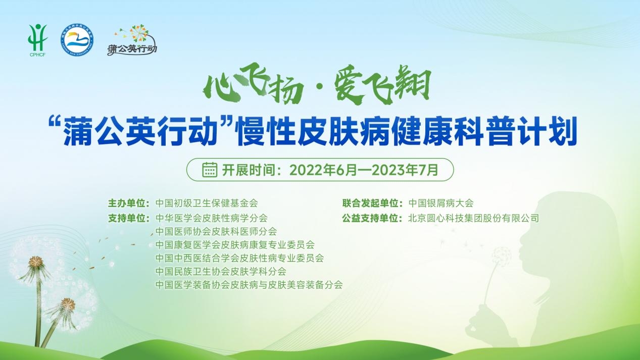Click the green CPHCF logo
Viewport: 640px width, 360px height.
pyautogui.click(x=37, y=40)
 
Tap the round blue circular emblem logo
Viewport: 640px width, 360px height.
pyautogui.click(x=77, y=40)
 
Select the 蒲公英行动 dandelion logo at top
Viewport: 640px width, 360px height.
pyautogui.click(x=132, y=40)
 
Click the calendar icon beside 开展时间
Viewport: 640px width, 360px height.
pyautogui.click(x=210, y=170)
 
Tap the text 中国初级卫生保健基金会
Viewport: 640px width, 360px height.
pyautogui.click(x=207, y=203)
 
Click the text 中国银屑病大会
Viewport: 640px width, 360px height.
pyautogui.click(x=441, y=203)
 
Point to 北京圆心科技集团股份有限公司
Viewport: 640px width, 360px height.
pyautogui.click(x=473, y=219)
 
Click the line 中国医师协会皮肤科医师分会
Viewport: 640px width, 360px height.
pyautogui.click(x=216, y=231)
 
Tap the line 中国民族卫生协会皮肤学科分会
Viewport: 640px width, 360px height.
pyautogui.click(x=221, y=271)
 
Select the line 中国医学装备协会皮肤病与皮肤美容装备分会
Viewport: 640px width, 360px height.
pyautogui.click(x=249, y=285)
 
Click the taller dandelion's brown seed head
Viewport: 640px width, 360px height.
pyautogui.click(x=36, y=261)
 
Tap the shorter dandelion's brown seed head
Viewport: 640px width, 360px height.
pyautogui.click(x=68, y=303)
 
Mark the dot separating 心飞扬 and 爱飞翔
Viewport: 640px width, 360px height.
pyautogui.click(x=319, y=86)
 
